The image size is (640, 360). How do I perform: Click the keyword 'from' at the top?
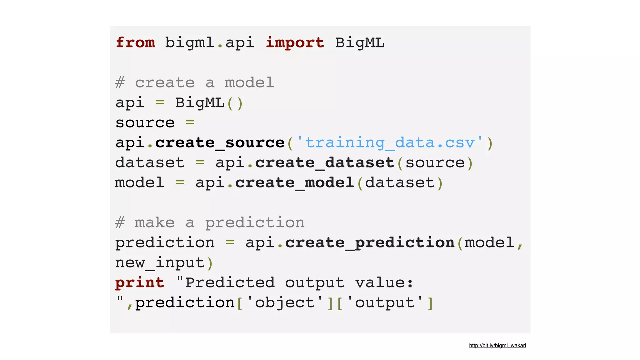coord(135,42)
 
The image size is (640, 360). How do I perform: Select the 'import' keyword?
coord(295,42)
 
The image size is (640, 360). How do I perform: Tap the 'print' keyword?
coord(140,283)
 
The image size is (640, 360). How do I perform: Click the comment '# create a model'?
coord(195,83)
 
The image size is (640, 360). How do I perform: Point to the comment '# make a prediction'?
coord(210,223)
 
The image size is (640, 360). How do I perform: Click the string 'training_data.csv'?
coord(390,143)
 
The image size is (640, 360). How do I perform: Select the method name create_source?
coord(220,143)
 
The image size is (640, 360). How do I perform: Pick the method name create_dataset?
coord(325,163)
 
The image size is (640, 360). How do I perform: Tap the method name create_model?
coord(294,183)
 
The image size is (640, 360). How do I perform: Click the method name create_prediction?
coord(370,243)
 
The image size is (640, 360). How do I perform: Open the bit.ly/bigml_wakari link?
coord(497,345)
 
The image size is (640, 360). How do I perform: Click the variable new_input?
coord(160,263)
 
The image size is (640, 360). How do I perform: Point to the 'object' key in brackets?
coord(285,303)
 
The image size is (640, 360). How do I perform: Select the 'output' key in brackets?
coord(385,303)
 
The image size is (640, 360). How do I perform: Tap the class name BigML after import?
coord(360,42)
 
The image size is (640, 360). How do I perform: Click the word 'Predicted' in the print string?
coord(230,283)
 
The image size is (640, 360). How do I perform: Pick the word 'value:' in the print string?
coord(384,283)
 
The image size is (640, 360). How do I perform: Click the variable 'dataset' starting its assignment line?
coord(150,163)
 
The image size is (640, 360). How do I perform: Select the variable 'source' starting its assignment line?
coord(145,123)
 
